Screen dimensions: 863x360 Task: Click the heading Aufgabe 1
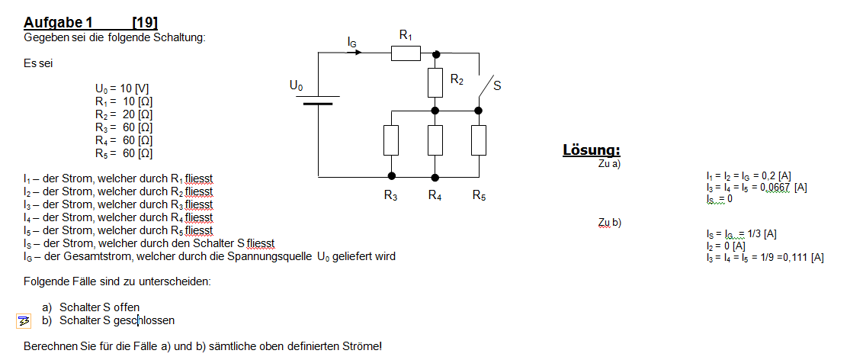(x=58, y=23)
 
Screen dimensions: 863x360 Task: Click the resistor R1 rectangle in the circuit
(x=406, y=53)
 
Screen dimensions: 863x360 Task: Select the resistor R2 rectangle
(x=435, y=82)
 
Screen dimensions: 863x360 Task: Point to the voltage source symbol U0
(x=318, y=100)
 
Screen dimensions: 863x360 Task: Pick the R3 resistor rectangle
(x=391, y=140)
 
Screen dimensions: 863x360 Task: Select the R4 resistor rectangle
(x=435, y=140)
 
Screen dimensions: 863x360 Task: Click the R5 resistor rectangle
(x=479, y=140)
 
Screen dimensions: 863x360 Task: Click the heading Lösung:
(x=592, y=149)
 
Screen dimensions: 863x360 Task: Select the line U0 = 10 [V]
(x=122, y=88)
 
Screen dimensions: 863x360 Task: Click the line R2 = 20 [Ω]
(x=124, y=114)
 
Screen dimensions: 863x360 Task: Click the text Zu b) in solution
(x=610, y=223)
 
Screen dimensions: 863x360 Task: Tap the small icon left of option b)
(x=24, y=321)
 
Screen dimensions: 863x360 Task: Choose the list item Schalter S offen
(x=100, y=307)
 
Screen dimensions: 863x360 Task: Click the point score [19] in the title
(x=146, y=23)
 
